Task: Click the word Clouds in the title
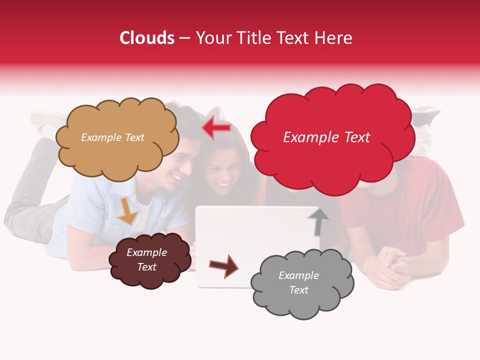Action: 147,38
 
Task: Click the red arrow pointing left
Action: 216,128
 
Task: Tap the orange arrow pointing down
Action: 127,211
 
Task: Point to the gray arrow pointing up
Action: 317,221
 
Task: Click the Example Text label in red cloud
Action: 326,137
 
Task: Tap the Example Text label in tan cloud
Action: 112,137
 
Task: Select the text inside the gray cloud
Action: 298,282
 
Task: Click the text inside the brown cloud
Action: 146,259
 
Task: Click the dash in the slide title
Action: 184,38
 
